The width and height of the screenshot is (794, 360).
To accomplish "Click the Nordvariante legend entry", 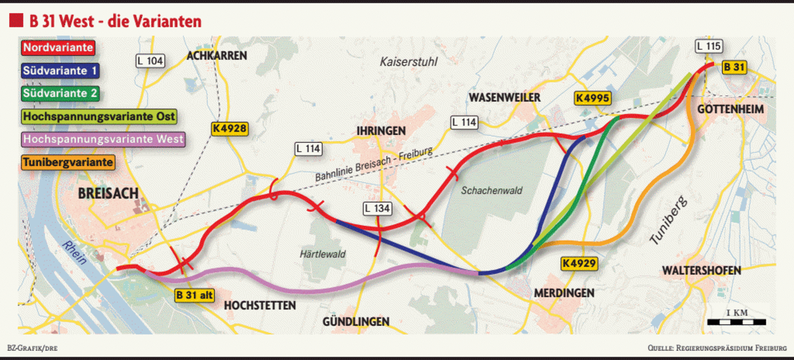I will tap(58, 47).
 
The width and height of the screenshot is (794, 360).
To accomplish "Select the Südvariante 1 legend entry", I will tap(60, 70).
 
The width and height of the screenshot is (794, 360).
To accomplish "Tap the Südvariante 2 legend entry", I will tap(60, 93).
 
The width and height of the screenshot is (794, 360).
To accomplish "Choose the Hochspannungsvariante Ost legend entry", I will tap(99, 116).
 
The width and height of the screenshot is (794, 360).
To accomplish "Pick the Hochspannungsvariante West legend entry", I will tap(103, 139).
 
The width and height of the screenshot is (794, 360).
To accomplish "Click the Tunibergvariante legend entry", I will tap(68, 162).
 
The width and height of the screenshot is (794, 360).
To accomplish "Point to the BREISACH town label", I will tap(108, 193).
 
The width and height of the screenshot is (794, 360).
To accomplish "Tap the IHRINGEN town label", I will tap(381, 131).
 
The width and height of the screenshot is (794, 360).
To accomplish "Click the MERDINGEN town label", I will tap(564, 293).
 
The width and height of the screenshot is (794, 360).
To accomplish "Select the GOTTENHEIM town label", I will tap(730, 109).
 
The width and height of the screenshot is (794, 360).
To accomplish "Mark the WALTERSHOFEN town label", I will tap(701, 270).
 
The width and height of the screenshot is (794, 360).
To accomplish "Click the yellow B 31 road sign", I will tap(734, 67).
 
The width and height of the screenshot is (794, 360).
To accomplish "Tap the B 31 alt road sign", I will tap(194, 295).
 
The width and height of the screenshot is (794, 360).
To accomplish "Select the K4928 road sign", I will tap(229, 128).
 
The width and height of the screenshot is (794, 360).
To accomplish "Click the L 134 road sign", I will tap(377, 208).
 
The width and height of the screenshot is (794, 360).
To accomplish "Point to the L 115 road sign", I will tap(709, 46).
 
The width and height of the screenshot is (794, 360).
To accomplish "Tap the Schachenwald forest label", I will tap(491, 190).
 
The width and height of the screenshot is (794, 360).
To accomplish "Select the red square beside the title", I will tap(16, 20).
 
